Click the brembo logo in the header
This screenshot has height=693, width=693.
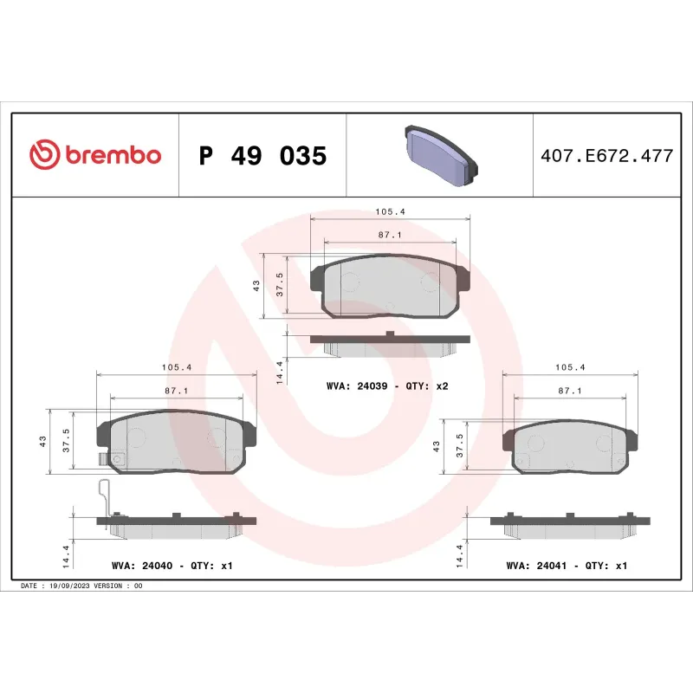point(95,155)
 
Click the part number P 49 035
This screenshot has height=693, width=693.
point(262,156)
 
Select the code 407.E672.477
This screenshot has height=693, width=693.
point(606,157)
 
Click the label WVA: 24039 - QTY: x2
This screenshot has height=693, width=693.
point(387,385)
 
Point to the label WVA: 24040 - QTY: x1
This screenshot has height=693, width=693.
point(172,566)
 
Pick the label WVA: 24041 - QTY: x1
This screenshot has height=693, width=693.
point(567,566)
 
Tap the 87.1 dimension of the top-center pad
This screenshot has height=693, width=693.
point(389,235)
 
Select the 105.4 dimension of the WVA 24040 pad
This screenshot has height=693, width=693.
point(176,367)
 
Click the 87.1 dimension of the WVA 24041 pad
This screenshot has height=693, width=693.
point(569,391)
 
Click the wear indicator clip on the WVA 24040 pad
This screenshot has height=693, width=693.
point(106,498)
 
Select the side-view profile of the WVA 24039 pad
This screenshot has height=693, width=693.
point(389,343)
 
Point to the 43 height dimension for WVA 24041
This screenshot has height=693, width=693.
point(436,447)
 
